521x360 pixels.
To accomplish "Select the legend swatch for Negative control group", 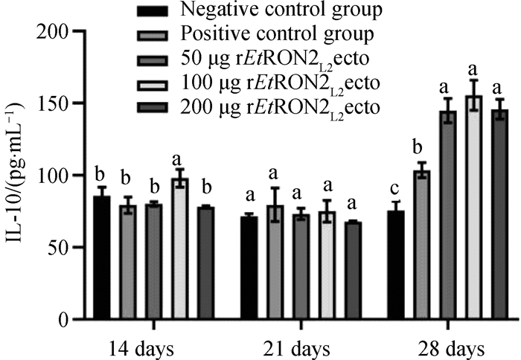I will pyautogui.click(x=157, y=10).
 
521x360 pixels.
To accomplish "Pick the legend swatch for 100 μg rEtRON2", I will pyautogui.click(x=157, y=83).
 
